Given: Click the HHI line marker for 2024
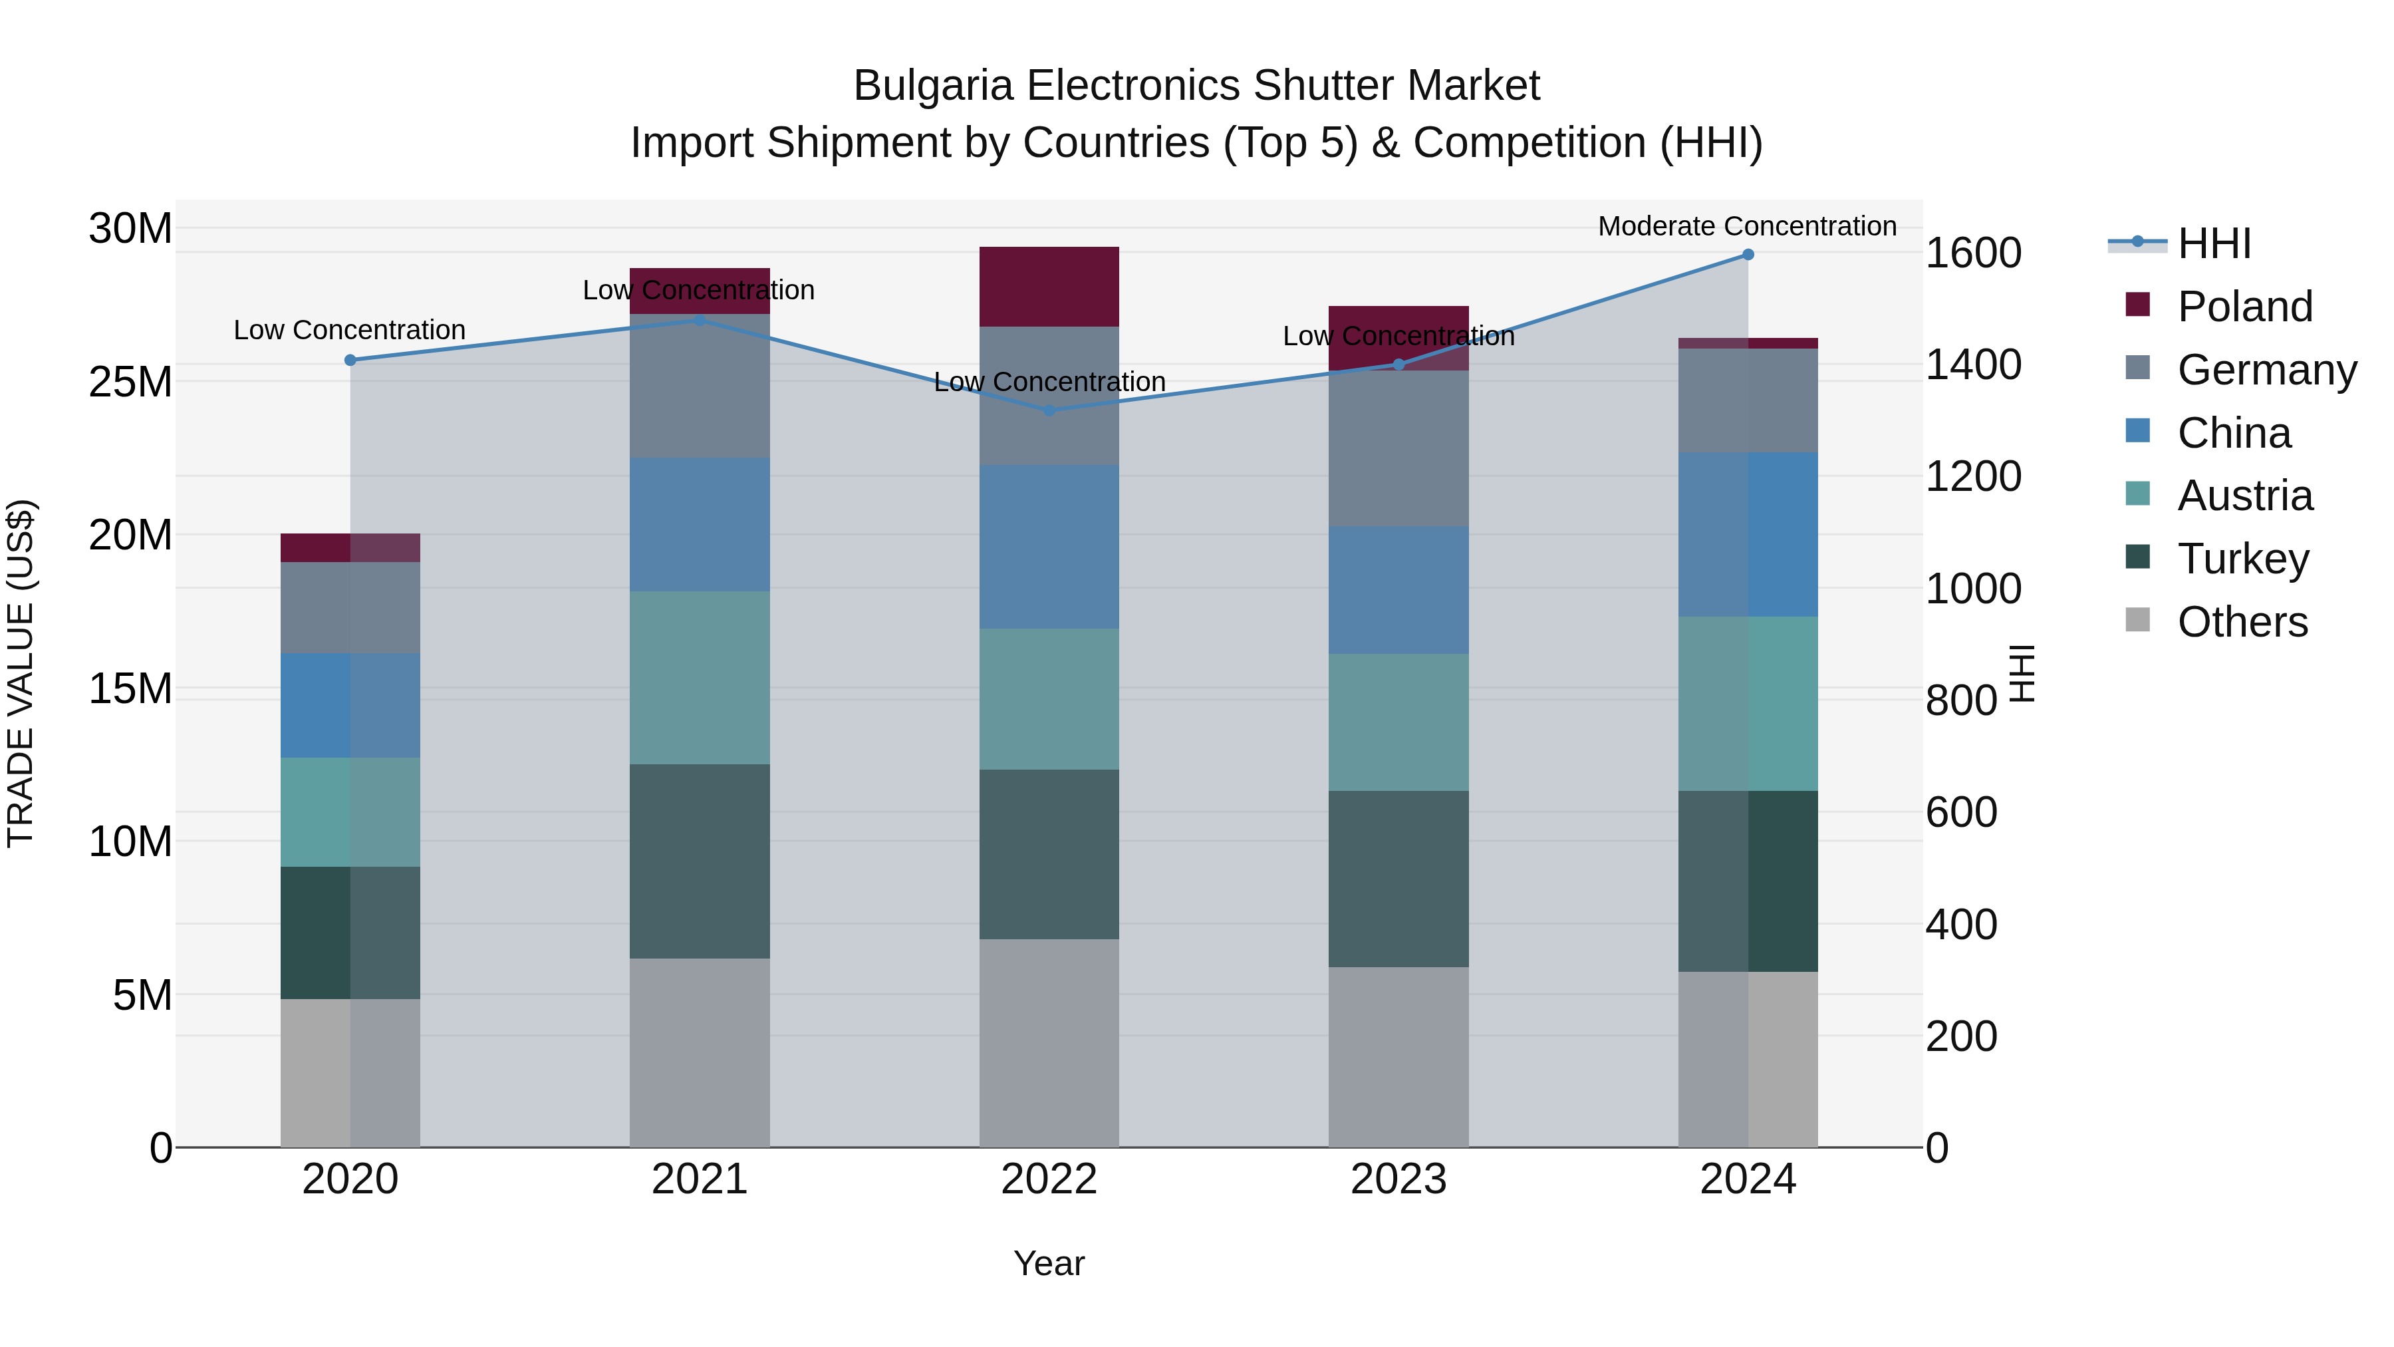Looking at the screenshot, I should point(1747,255).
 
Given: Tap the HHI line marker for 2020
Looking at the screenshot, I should point(350,361).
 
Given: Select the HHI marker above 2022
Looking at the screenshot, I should point(1049,410).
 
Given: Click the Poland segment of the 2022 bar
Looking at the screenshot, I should point(1049,286).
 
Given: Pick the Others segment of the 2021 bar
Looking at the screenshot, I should point(700,1052).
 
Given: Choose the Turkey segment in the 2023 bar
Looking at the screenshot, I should point(1398,879).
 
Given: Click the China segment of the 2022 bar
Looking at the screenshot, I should point(1049,547).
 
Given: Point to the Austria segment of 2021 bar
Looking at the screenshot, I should point(700,678).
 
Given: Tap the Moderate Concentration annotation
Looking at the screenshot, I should point(1746,226).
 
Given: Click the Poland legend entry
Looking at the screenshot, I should point(2244,307).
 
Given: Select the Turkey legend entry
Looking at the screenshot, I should point(2242,559).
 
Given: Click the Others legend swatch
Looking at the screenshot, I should point(2137,620).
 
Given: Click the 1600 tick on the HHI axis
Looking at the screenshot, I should point(1972,253).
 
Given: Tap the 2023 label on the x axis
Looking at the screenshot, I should point(1398,1179).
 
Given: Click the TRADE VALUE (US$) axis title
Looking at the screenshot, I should point(21,673).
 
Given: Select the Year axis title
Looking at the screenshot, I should point(1049,1263).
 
